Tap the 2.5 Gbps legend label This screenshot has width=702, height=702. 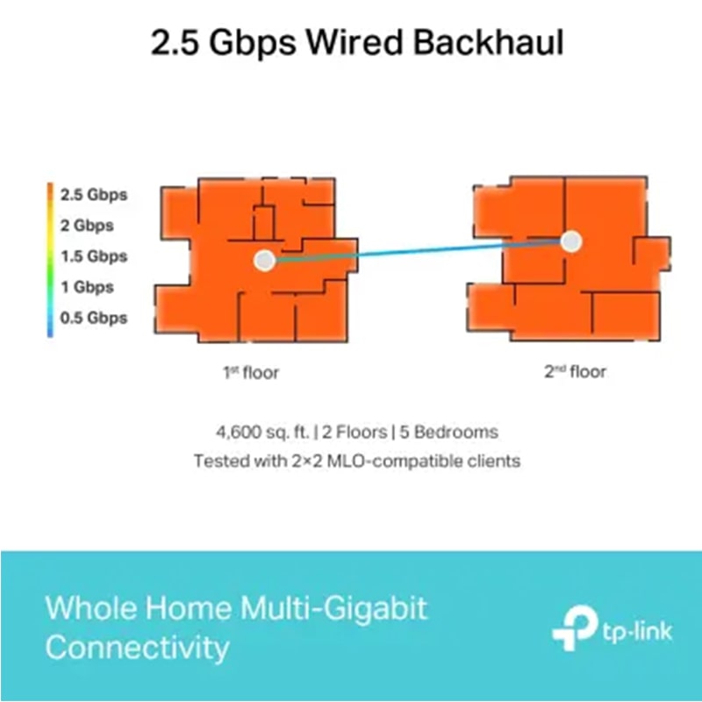point(94,195)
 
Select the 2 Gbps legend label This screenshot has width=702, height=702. point(88,226)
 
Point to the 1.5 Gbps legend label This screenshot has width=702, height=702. point(94,256)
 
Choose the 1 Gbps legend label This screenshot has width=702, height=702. point(88,287)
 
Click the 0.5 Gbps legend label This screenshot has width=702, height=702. point(94,318)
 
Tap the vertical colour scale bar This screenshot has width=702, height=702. point(52,259)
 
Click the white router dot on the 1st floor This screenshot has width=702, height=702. point(263,260)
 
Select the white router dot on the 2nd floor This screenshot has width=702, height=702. point(571,241)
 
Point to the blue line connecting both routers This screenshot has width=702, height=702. point(417,251)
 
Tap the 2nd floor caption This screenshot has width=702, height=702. point(575,372)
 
